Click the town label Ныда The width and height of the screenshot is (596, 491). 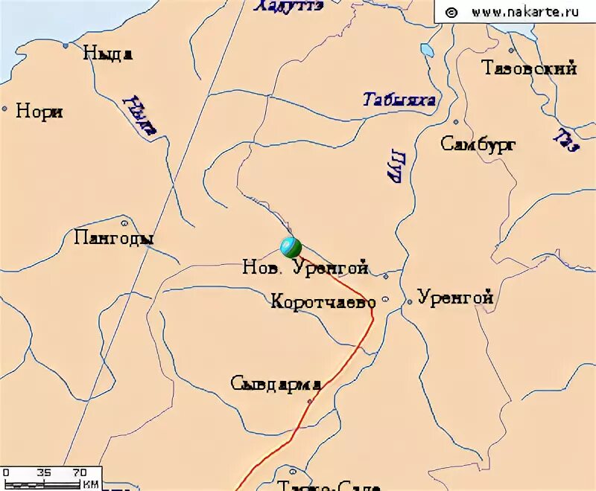(108, 53)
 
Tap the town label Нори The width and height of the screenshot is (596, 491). (39, 112)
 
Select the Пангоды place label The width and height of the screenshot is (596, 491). (115, 238)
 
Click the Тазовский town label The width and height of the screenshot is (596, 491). (530, 68)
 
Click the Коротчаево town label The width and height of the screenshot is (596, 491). (323, 301)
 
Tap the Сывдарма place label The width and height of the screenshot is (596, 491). (276, 384)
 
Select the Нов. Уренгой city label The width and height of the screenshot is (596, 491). (305, 268)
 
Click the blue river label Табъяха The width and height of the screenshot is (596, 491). (399, 100)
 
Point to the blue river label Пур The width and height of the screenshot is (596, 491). (394, 164)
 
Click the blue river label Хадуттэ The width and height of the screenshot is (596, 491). (288, 6)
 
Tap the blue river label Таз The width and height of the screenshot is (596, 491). (565, 140)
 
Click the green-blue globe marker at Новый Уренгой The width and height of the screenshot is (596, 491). (291, 246)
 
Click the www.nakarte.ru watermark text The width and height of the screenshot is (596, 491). (515, 12)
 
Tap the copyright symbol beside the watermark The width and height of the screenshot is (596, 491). (451, 12)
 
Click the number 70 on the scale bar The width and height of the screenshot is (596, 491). (80, 472)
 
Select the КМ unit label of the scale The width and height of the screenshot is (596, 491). (90, 484)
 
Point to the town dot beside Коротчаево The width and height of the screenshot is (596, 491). (385, 301)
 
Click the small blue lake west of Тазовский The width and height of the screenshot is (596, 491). (427, 51)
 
